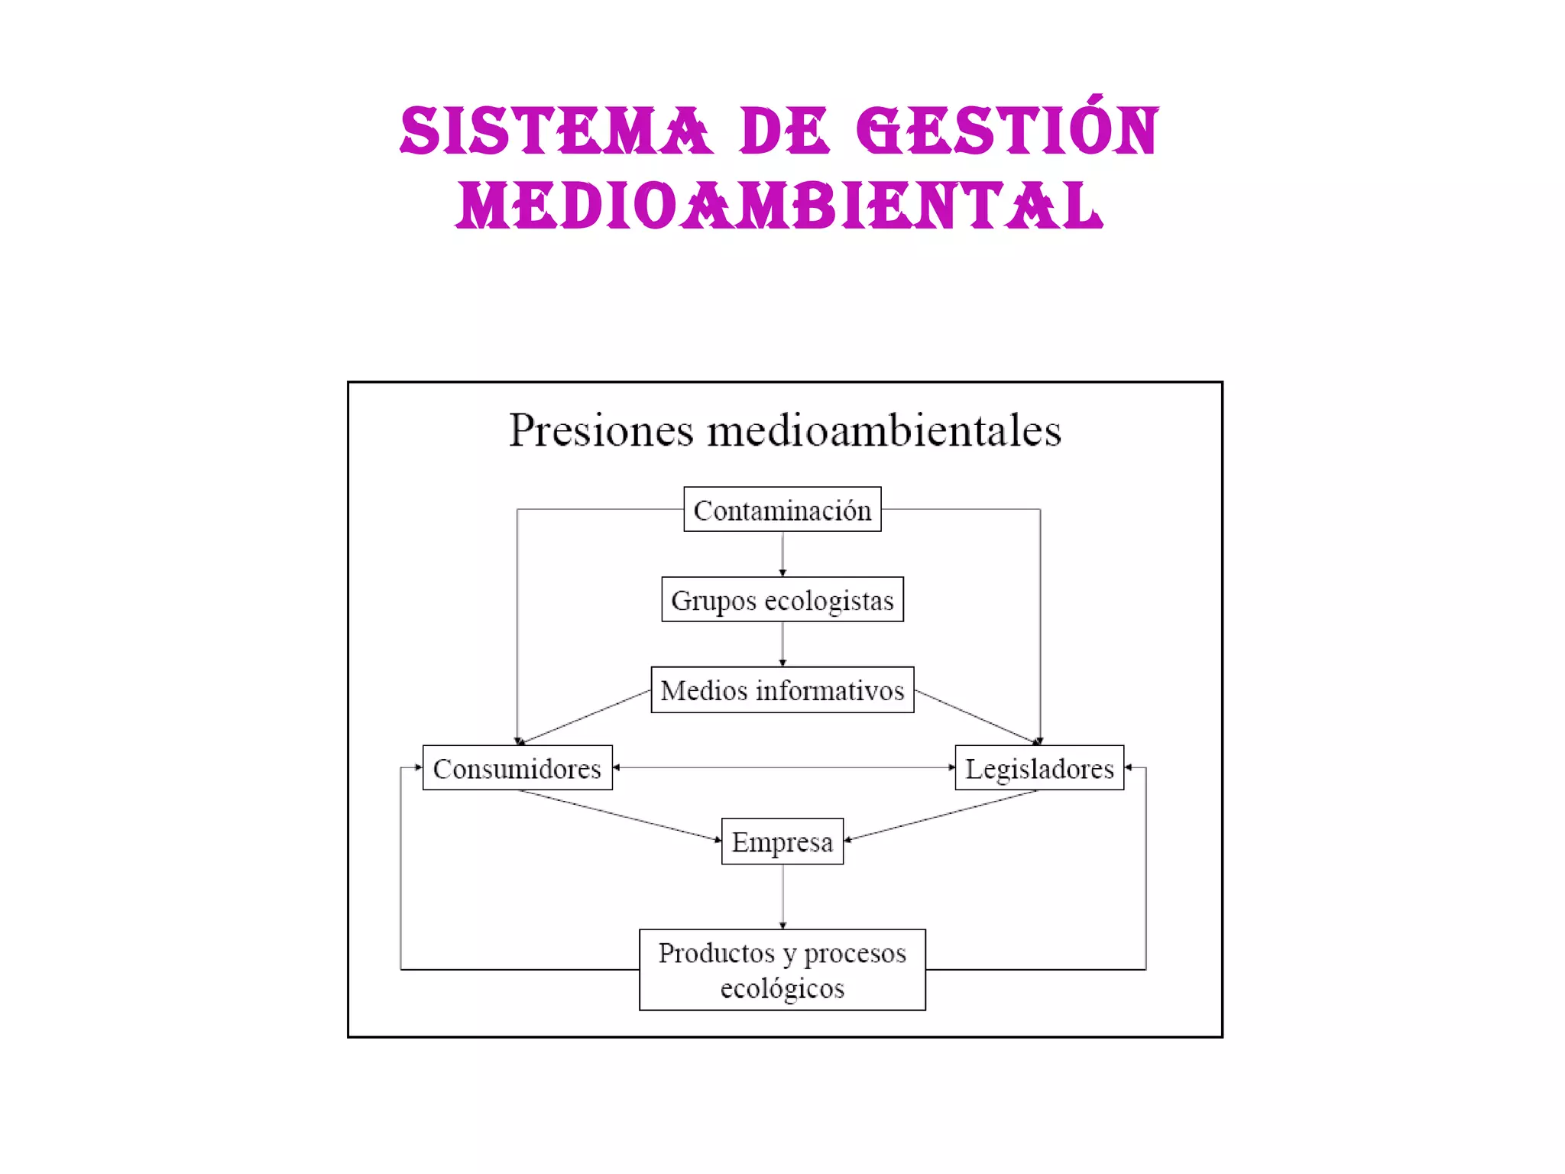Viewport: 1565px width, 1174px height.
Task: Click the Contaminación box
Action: [x=782, y=509]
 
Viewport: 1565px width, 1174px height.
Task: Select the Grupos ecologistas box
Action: [x=782, y=599]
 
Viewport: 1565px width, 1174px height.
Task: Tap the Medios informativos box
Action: [x=782, y=689]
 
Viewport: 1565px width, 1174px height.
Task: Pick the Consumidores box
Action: [x=517, y=767]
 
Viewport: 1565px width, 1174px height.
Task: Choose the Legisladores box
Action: [x=1039, y=767]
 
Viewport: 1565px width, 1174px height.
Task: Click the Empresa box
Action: [x=782, y=841]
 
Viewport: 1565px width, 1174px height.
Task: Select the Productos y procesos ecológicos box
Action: [x=782, y=969]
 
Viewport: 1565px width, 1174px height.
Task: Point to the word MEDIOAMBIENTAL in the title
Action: [x=779, y=206]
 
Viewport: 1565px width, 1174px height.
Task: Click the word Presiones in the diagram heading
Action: [x=601, y=430]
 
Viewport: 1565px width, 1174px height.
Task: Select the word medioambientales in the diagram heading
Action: [x=884, y=430]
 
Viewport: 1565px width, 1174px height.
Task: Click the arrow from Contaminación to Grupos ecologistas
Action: [x=782, y=553]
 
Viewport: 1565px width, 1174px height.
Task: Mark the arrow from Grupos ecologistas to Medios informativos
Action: [x=782, y=644]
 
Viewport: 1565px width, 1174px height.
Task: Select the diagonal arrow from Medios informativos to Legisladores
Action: [x=977, y=716]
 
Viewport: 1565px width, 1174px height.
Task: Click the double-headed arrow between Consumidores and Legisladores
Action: [x=783, y=767]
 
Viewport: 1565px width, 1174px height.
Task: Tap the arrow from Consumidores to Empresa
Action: [x=619, y=816]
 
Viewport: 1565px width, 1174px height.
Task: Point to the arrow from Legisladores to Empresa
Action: [x=941, y=816]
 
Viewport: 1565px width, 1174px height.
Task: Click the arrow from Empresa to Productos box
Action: [x=782, y=896]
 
